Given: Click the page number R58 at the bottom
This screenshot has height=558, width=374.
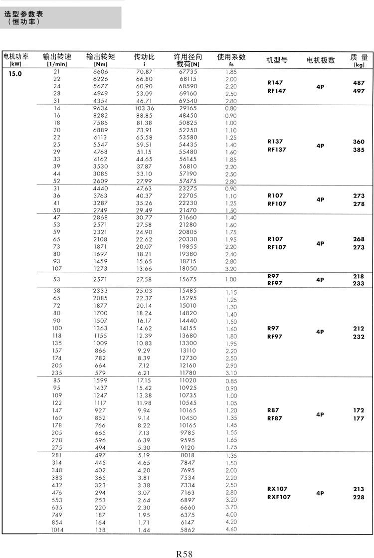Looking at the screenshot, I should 184,553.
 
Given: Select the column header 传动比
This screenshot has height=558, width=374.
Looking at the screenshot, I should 144,57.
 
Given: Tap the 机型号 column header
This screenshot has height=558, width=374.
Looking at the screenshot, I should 277,60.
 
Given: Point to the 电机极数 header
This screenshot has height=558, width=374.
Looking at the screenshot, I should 321,60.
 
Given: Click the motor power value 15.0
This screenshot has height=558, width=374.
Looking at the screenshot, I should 15,73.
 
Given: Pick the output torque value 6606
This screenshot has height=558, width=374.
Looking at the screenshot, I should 100,72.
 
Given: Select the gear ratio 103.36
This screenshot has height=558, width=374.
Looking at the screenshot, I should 144,108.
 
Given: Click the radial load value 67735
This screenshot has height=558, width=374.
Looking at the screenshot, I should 188,72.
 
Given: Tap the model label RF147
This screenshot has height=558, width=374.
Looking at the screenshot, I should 277,91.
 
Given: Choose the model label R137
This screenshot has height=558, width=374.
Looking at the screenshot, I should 275,142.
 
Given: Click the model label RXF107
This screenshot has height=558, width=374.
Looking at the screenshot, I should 279,497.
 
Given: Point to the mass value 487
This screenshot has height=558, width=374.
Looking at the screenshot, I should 359,83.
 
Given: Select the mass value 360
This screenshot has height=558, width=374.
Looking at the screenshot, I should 359,142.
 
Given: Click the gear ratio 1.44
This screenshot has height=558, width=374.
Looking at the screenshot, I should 144,530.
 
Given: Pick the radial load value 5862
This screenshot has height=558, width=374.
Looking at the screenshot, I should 188,530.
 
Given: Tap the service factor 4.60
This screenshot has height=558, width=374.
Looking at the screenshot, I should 231,529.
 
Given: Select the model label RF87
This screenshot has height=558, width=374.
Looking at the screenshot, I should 275,418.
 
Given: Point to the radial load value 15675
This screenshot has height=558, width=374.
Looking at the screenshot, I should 188,280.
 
